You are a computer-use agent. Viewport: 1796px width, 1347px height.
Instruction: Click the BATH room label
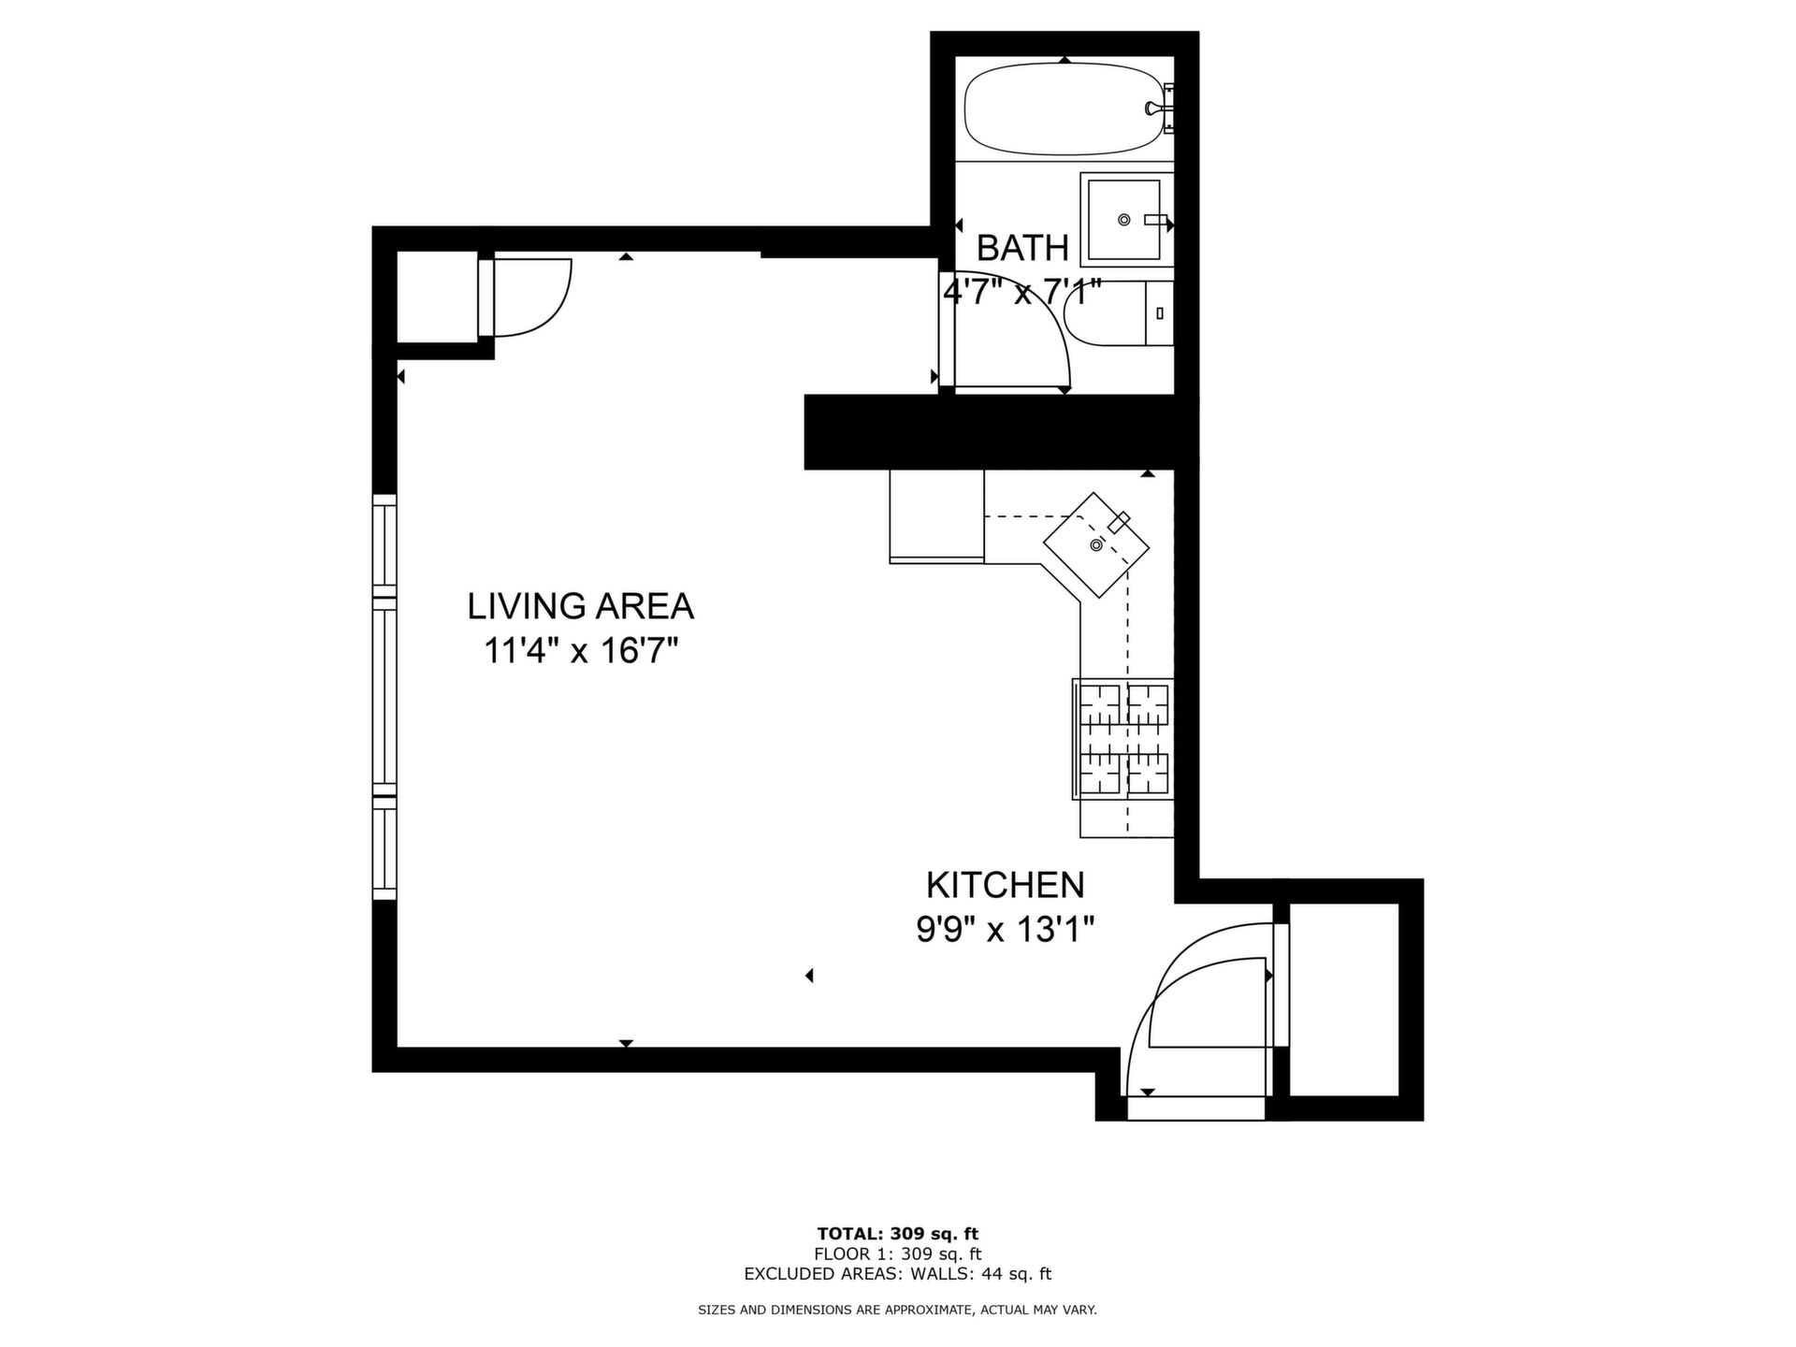point(1022,248)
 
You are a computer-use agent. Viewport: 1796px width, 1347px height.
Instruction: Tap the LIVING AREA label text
point(580,606)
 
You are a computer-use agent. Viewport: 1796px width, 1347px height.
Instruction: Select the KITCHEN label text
point(1006,884)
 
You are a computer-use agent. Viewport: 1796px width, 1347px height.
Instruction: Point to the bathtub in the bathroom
point(1065,109)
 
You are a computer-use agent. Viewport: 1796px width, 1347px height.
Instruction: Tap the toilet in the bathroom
point(1119,313)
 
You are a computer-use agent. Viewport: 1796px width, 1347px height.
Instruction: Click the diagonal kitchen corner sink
point(1096,544)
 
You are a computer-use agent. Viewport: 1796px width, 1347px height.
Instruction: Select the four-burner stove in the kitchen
point(1122,739)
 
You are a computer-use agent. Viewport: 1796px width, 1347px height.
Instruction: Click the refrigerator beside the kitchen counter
point(936,515)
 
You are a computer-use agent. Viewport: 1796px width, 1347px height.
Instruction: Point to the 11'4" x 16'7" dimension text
point(580,649)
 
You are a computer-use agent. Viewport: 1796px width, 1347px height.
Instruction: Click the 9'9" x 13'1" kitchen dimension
point(1006,930)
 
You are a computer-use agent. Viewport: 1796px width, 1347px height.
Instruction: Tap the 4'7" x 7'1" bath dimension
point(1022,293)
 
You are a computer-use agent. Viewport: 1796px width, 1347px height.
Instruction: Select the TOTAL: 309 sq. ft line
point(898,1234)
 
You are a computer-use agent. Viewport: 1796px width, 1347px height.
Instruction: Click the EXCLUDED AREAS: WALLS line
point(898,1273)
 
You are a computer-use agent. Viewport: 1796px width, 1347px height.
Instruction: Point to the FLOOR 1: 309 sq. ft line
point(898,1253)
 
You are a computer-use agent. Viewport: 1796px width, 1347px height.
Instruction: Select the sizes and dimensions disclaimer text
point(898,1311)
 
